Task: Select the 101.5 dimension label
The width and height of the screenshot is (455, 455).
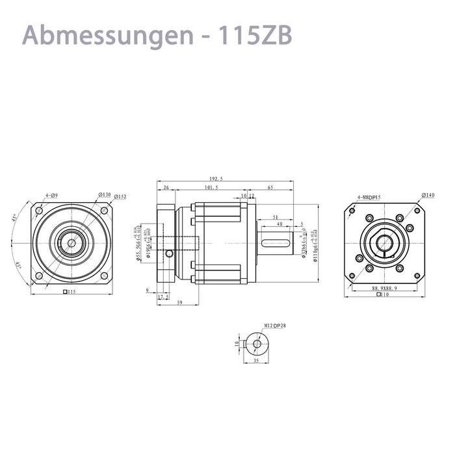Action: click(x=211, y=187)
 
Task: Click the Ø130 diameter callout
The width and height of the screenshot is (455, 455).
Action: click(x=103, y=195)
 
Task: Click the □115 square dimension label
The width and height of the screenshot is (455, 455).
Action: click(x=69, y=292)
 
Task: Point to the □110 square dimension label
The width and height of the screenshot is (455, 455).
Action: click(x=383, y=294)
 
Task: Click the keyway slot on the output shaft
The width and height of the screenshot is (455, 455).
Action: click(x=276, y=243)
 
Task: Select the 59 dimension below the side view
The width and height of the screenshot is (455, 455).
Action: click(x=179, y=302)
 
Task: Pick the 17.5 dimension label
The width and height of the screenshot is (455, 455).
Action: click(x=163, y=296)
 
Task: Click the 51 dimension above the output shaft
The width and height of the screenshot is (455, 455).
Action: click(x=276, y=217)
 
